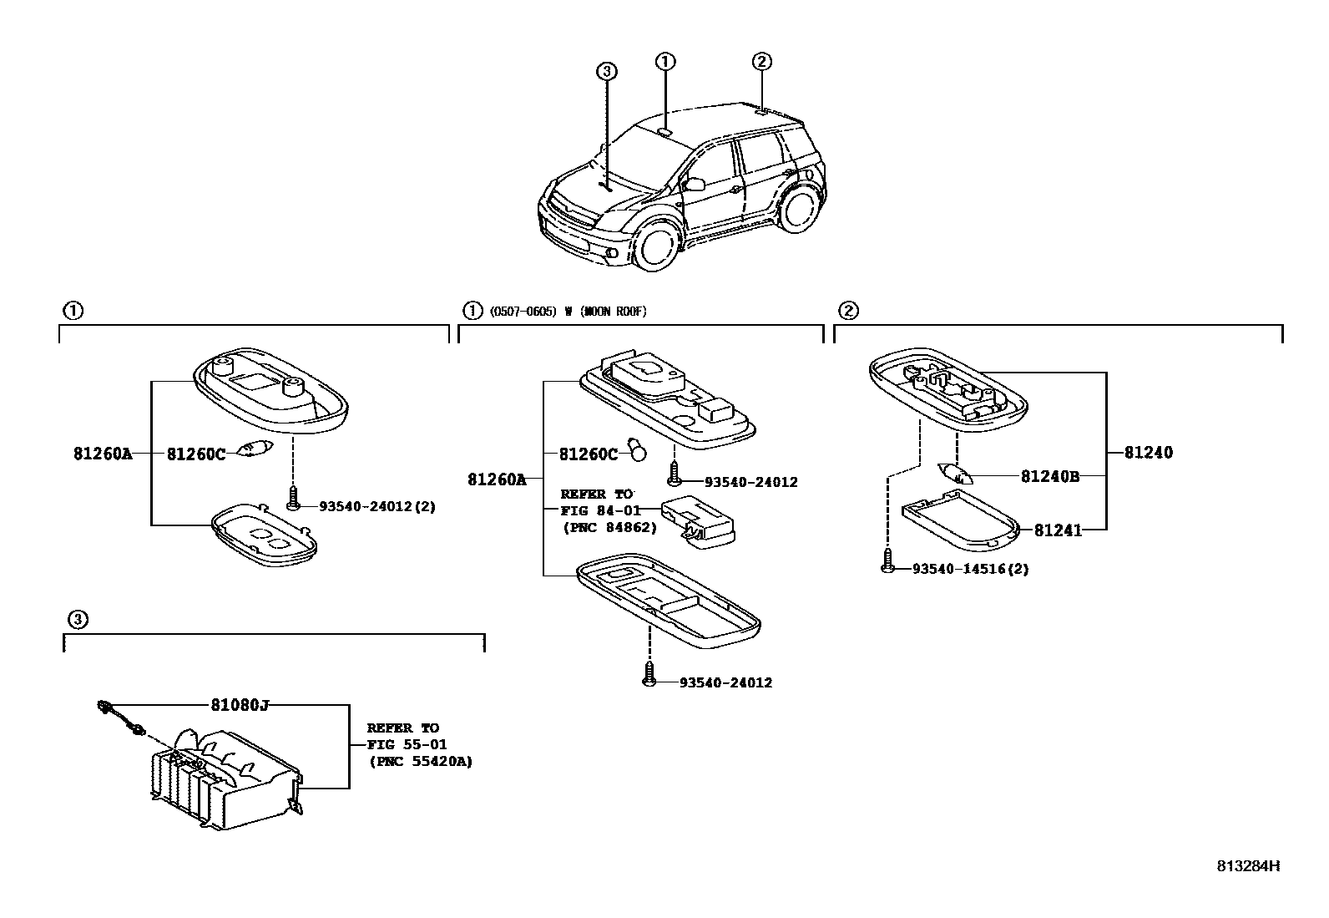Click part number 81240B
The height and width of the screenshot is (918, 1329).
tap(1050, 476)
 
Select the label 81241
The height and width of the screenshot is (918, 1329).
tap(1058, 530)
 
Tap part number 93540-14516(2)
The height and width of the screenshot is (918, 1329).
tap(970, 569)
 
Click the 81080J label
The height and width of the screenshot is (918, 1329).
tap(240, 705)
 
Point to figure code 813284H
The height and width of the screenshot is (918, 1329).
tap(1247, 865)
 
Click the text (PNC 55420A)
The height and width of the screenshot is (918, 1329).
tap(420, 761)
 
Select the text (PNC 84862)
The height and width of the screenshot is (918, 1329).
tap(610, 527)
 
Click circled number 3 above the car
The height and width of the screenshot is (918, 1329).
tap(607, 72)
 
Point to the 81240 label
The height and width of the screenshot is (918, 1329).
tap(1148, 453)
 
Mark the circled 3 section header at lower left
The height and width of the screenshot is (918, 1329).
tap(76, 619)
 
